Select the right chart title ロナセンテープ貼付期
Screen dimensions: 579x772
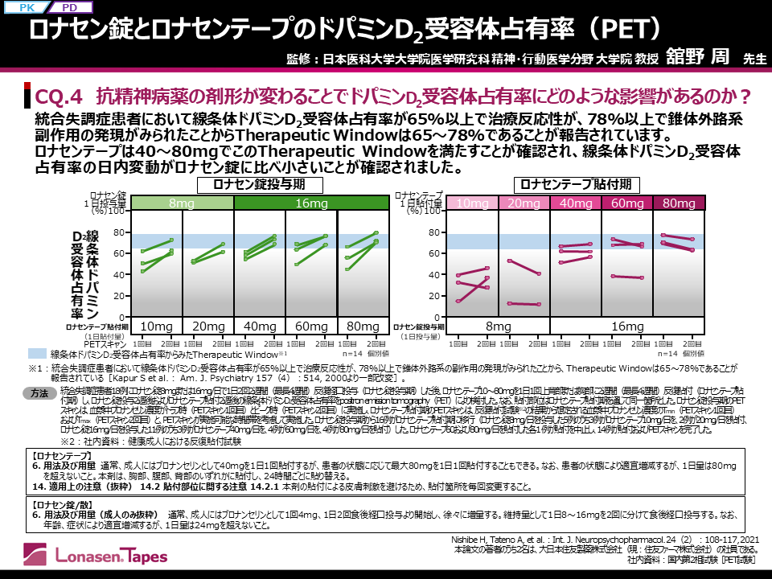point(575,184)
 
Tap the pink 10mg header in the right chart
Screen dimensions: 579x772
point(473,204)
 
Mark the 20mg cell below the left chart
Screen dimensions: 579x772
point(208,326)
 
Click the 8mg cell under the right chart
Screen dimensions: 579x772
point(499,326)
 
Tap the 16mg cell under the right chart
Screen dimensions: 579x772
point(626,326)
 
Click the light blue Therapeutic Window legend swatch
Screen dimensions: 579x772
point(37,353)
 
